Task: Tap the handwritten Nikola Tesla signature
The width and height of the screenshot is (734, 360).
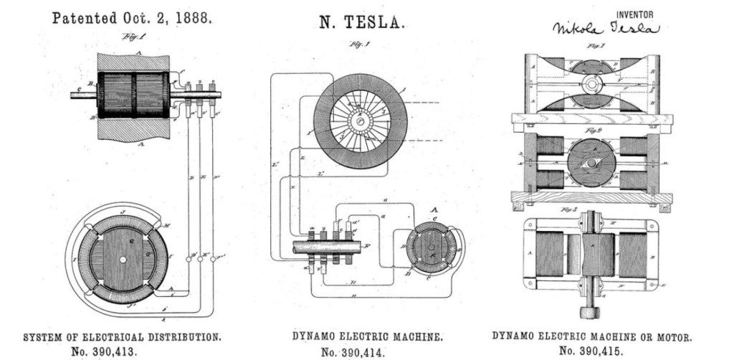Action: [x=604, y=29]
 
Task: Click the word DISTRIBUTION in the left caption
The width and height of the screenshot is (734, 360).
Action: [x=178, y=336]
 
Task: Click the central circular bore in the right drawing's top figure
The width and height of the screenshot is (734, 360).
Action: [x=592, y=85]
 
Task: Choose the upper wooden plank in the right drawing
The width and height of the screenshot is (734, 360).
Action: [x=592, y=119]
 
